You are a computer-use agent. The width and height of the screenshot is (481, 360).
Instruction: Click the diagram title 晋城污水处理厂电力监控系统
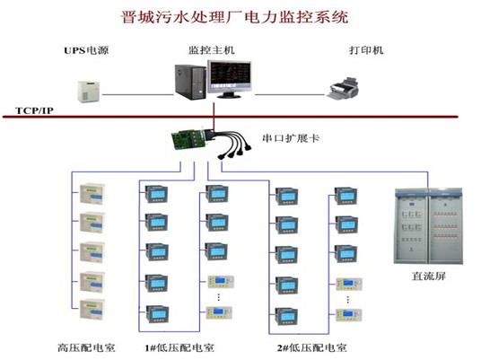235,17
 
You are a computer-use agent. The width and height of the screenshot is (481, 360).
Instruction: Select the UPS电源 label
86,50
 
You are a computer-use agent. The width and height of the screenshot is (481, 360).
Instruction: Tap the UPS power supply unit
89,92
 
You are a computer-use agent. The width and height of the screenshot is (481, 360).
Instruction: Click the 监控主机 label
212,50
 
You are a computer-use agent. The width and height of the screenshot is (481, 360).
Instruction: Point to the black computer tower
190,82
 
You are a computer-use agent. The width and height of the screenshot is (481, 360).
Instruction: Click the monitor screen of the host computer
230,75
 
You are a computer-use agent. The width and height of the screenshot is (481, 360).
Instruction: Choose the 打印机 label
366,50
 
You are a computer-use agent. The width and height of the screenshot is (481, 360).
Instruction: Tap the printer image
344,89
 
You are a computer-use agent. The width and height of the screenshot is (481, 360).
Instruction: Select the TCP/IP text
34,110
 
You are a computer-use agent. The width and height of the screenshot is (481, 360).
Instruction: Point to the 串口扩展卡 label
291,138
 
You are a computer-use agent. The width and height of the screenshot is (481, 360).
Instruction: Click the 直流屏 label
429,277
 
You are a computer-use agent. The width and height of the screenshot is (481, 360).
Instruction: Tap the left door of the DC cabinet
411,226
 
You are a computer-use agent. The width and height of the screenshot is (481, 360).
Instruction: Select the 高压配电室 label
86,347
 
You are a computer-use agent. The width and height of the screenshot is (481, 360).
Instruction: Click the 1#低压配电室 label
179,347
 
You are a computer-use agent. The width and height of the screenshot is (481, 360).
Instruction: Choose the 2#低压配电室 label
312,347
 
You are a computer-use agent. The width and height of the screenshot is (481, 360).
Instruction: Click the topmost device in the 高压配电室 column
92,194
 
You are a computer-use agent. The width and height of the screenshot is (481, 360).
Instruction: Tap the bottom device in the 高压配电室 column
92,310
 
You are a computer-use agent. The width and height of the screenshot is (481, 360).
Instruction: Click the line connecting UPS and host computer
138,94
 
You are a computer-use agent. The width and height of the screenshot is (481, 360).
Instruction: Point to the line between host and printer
289,94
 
